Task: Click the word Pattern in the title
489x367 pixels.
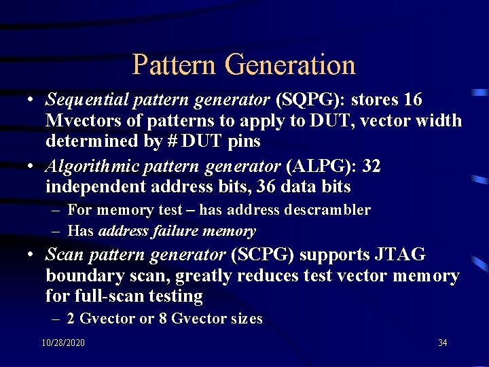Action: pyautogui.click(x=175, y=65)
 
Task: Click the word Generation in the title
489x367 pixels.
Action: pyautogui.click(x=290, y=65)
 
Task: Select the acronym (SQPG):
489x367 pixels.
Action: pyautogui.click(x=310, y=101)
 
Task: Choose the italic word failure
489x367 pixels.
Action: pyautogui.click(x=177, y=231)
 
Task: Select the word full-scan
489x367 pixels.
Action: pyautogui.click(x=107, y=296)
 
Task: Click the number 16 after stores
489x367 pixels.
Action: pyautogui.click(x=412, y=101)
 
